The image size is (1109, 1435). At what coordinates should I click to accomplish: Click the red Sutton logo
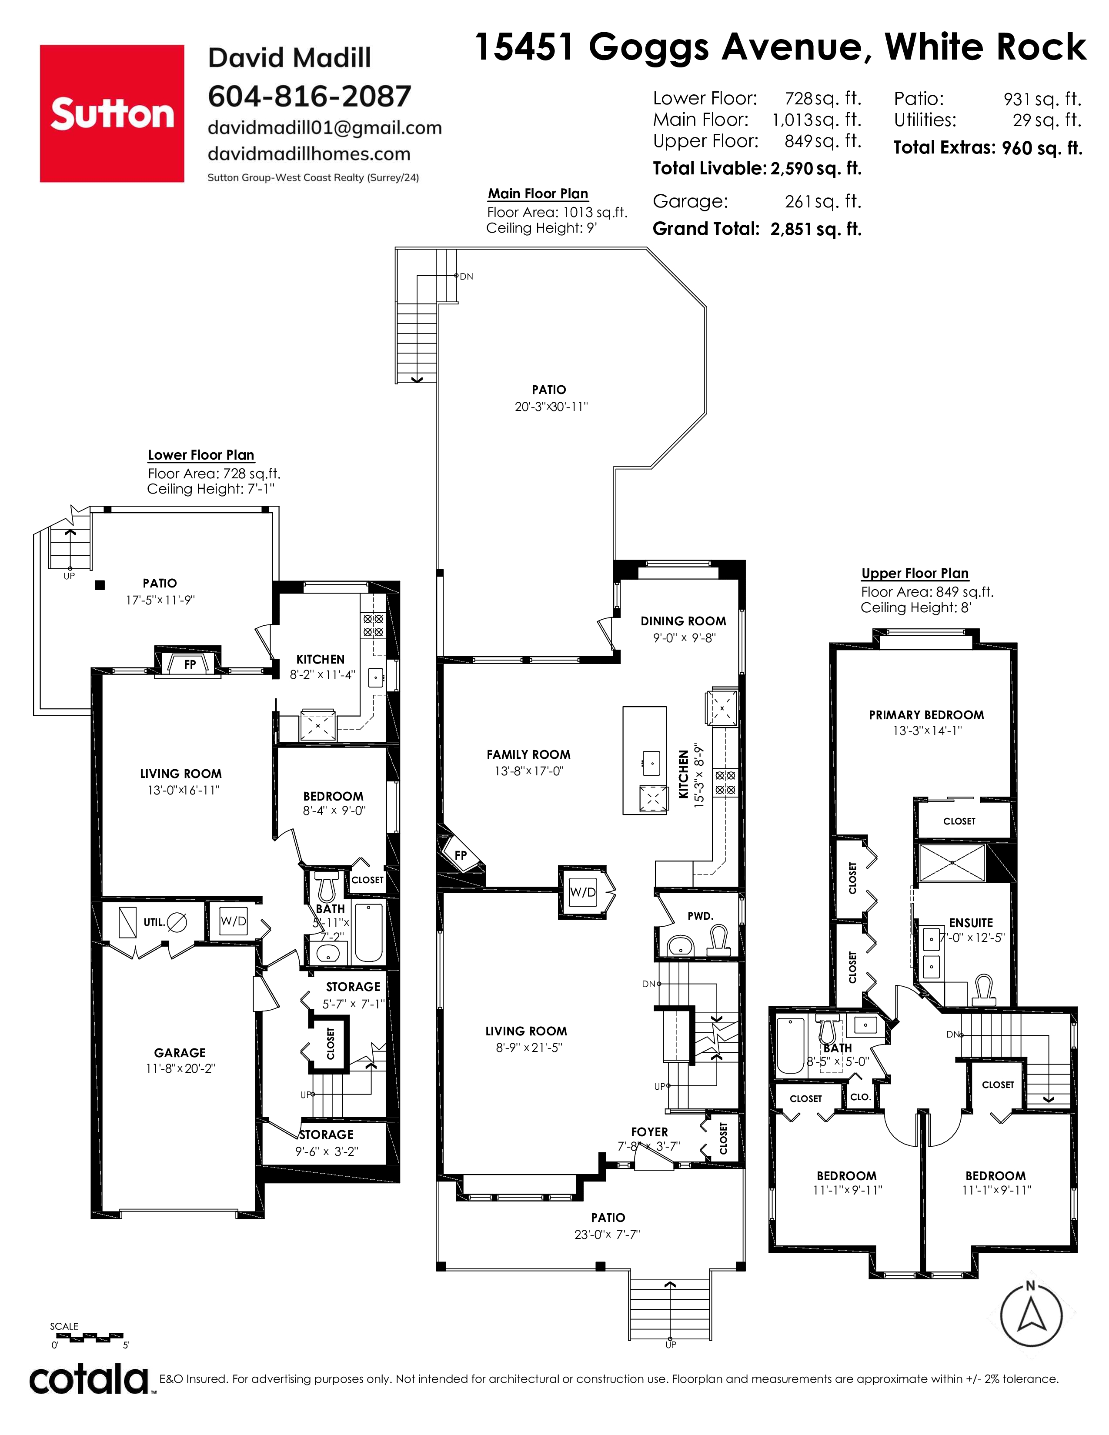[x=112, y=113]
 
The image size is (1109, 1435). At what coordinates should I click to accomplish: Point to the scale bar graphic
[x=87, y=1336]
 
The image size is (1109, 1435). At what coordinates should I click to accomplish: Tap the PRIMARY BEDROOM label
[x=926, y=715]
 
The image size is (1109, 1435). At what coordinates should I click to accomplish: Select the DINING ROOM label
[x=683, y=621]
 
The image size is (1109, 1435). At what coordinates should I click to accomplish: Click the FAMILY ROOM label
[x=528, y=754]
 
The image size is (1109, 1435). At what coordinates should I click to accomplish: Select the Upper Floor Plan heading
[x=915, y=573]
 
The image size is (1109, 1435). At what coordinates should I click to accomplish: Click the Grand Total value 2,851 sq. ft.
[x=816, y=229]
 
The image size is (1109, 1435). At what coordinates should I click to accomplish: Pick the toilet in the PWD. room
[x=719, y=941]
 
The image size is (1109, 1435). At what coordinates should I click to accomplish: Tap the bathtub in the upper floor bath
[x=790, y=1044]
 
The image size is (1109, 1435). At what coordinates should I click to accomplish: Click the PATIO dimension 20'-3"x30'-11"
[x=551, y=407]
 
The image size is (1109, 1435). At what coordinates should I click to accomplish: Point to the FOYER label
[x=649, y=1131]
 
